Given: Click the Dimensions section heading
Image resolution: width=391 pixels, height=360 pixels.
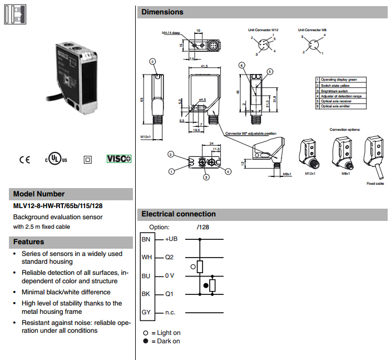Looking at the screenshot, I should point(162,12).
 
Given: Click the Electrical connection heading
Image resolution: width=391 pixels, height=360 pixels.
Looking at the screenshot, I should point(179,214).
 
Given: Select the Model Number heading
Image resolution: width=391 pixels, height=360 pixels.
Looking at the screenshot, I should point(39,194).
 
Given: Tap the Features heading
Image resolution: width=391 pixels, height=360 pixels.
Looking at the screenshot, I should point(29,242).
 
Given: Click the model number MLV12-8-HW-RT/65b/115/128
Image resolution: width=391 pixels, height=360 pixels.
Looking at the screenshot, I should point(58,206).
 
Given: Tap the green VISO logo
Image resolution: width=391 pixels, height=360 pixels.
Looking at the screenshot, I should point(119,159).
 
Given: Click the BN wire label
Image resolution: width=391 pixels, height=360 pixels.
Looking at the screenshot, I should point(146,239).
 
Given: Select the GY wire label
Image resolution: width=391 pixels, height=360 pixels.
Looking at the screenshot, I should point(146,312).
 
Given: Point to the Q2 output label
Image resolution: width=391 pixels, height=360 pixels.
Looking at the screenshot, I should point(170,258).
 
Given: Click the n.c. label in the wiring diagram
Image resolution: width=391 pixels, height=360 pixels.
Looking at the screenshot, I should point(170,312).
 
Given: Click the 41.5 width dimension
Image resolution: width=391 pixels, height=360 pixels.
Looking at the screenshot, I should point(204,66).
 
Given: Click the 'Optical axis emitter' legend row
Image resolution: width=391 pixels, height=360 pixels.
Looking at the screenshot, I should point(339,106).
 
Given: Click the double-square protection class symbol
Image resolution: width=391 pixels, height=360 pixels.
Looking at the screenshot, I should point(87,159).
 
